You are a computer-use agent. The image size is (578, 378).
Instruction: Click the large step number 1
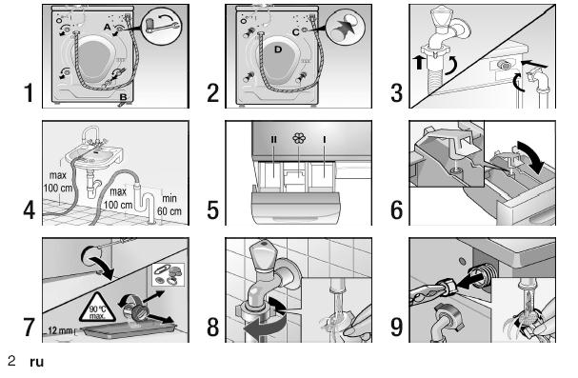(29, 93)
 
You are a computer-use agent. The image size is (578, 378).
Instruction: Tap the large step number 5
(212, 210)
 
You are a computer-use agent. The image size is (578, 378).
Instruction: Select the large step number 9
(396, 327)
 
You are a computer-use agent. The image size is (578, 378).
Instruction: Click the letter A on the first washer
(107, 28)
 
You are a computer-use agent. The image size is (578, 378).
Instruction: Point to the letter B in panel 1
(123, 97)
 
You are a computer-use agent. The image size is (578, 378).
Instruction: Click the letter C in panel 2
(295, 32)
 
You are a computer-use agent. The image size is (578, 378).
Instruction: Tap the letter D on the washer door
(278, 50)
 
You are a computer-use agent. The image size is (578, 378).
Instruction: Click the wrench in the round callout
(162, 25)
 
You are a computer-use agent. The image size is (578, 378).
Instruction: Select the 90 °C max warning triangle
(97, 308)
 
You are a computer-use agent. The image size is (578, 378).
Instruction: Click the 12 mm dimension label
(60, 330)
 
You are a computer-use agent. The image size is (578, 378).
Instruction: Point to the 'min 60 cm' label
(169, 205)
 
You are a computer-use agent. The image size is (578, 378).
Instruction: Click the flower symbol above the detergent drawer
(299, 138)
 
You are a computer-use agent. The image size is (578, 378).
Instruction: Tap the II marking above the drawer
(273, 139)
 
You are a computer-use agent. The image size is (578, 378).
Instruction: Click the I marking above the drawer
(325, 139)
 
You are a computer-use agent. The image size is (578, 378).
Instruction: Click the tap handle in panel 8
(263, 254)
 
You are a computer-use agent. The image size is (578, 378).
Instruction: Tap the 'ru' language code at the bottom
(37, 362)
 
